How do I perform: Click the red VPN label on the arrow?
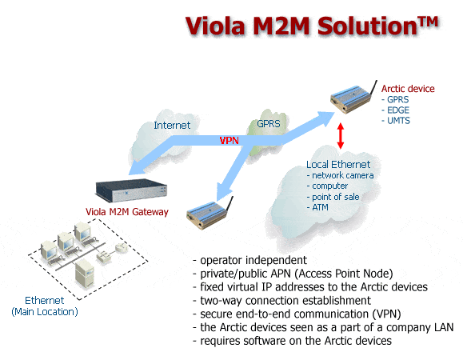230,140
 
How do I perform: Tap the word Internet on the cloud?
172,126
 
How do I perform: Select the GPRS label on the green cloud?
269,123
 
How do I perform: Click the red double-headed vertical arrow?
341,135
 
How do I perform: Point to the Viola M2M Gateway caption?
127,212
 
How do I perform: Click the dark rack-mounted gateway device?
131,190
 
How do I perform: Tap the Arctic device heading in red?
408,89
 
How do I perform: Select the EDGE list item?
395,110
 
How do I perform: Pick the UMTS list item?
396,121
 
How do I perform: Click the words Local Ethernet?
338,164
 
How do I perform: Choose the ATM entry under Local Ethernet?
317,207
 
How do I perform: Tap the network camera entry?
340,175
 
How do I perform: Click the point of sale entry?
333,197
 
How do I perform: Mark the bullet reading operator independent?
249,260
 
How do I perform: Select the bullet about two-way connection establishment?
281,300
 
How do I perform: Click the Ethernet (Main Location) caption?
45,306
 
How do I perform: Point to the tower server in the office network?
85,274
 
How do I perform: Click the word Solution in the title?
367,26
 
